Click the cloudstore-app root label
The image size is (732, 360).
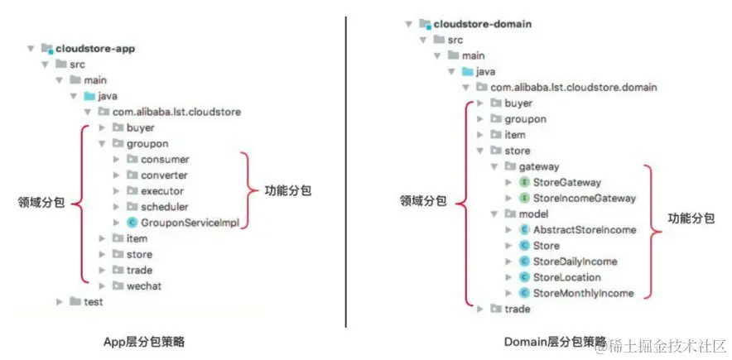[x=94, y=49]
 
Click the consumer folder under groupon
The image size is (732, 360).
[x=165, y=159]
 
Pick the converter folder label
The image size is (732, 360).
[x=164, y=175]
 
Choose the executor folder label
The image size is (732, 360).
[x=162, y=191]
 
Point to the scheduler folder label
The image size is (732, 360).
[x=164, y=207]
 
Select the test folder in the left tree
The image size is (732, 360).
[x=94, y=302]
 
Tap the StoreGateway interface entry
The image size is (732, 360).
[x=566, y=182]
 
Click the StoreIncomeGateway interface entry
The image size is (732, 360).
[x=584, y=198]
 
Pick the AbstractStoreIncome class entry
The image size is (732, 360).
[x=584, y=229]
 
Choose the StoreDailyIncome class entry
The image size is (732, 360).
[x=575, y=262]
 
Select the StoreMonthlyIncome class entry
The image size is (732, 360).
[x=583, y=293]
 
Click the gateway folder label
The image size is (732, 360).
[x=538, y=166]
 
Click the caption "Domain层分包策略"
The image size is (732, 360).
[x=553, y=341]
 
